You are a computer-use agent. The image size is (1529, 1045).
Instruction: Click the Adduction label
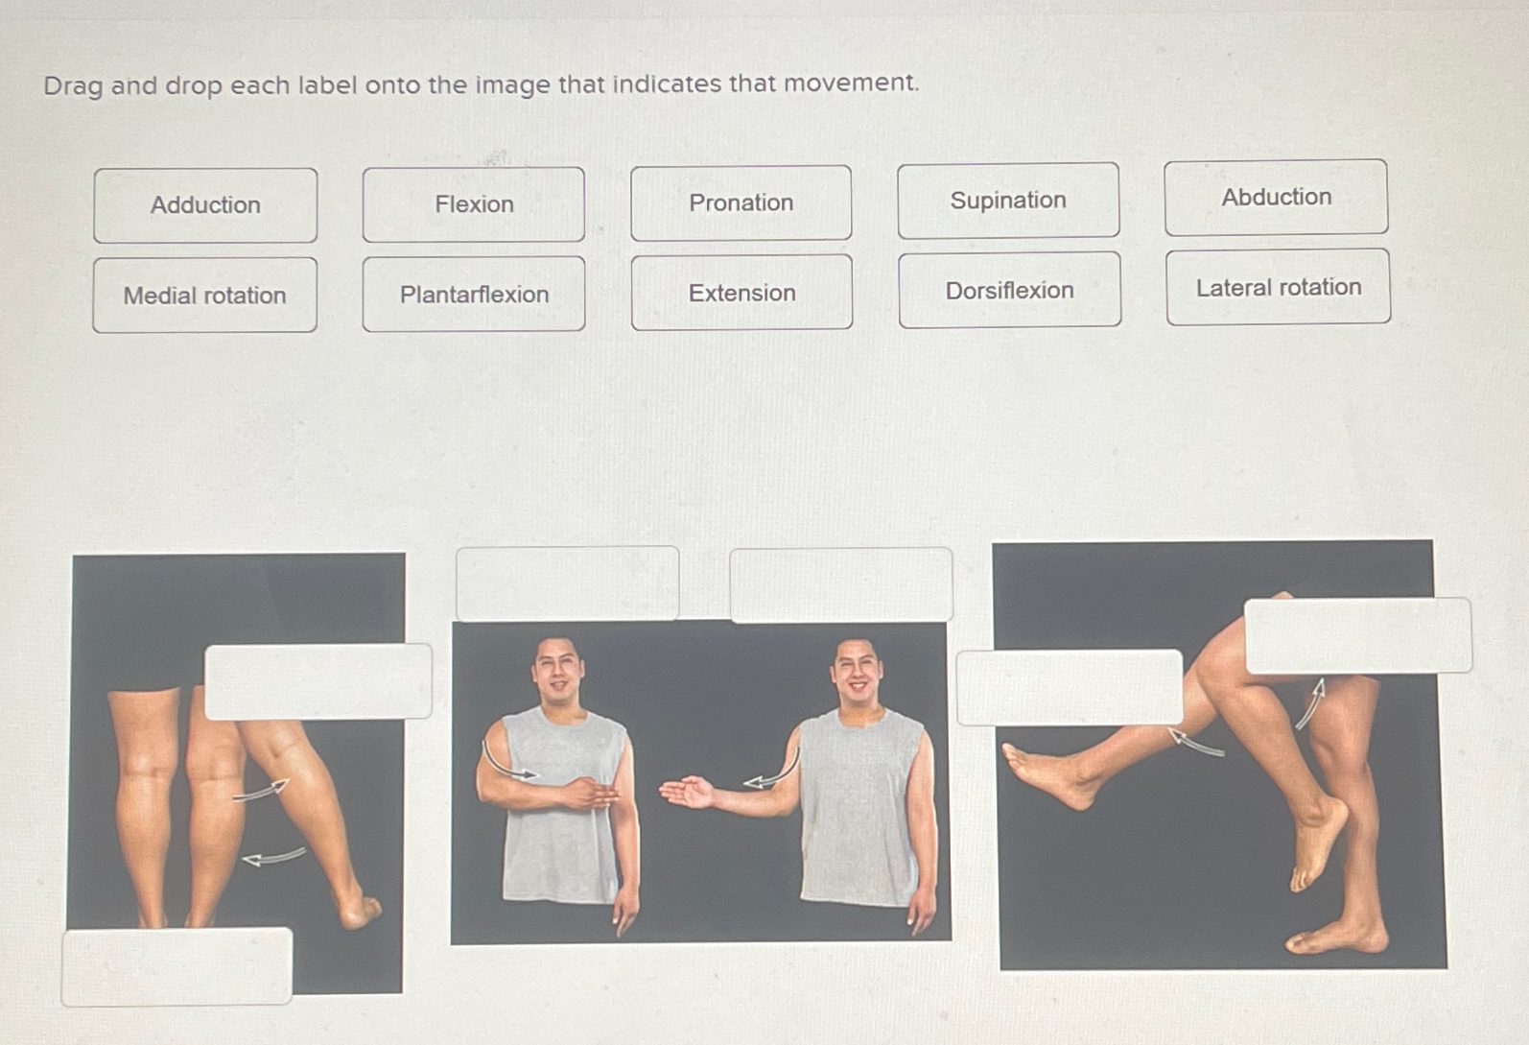[x=205, y=205]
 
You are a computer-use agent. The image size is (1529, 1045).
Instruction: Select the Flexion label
[x=474, y=204]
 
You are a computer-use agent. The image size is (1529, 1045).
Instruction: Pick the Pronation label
[x=741, y=202]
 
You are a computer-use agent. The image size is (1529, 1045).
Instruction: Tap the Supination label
[x=1008, y=201]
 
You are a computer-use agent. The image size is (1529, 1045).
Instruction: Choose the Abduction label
[x=1276, y=198]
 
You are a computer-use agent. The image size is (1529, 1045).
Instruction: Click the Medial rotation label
[x=204, y=296]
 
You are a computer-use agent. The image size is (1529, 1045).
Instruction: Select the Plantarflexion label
[x=474, y=295]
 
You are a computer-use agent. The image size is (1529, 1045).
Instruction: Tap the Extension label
[x=741, y=293]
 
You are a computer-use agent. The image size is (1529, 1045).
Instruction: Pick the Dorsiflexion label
[x=1009, y=290]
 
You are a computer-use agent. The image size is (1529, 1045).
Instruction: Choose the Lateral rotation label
[x=1278, y=287]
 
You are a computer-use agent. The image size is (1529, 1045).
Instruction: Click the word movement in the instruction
[x=850, y=83]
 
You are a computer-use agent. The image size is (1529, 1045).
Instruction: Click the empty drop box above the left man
[x=568, y=583]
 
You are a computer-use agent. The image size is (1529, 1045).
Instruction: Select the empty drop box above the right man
[x=841, y=585]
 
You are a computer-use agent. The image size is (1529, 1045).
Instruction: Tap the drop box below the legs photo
[x=177, y=966]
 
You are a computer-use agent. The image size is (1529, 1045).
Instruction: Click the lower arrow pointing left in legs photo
[x=273, y=856]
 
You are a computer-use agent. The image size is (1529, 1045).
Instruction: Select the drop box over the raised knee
[x=1357, y=635]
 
